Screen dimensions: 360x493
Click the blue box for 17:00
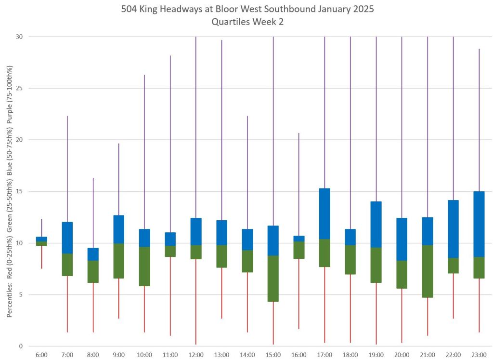[324, 213]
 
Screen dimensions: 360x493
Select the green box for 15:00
[273, 279]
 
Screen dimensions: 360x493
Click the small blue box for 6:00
[41, 239]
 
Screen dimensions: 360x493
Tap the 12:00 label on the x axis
[196, 355]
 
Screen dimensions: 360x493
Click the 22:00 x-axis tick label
[453, 355]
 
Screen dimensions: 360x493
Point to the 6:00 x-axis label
[41, 355]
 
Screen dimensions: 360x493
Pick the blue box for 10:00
[144, 238]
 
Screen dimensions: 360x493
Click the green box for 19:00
[376, 265]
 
